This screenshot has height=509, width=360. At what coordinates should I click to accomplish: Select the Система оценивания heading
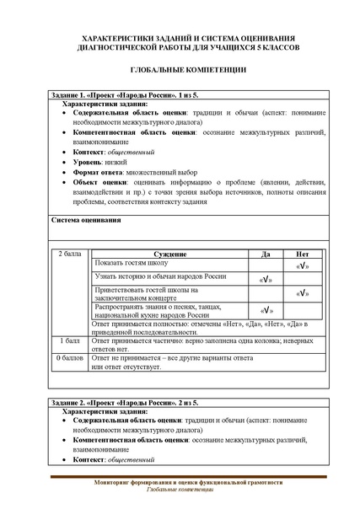87,220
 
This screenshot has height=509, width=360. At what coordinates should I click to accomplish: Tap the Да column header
266,254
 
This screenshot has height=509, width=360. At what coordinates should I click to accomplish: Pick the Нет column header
303,254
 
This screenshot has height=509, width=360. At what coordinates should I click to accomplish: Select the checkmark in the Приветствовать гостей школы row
303,293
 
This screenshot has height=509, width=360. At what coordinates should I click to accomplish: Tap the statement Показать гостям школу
132,263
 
